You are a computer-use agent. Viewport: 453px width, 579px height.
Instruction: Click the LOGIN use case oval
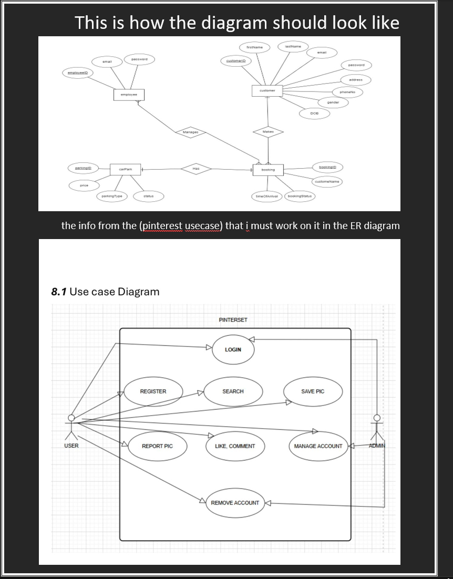[x=233, y=349]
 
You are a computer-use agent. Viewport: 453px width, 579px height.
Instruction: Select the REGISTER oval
[x=153, y=391]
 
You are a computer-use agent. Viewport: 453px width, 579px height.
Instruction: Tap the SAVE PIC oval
[x=313, y=391]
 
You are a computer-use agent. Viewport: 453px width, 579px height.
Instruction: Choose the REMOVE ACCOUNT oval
[x=235, y=503]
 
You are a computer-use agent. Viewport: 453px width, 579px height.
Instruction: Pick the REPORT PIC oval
[x=157, y=446]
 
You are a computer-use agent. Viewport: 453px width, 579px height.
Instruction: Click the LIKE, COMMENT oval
[x=235, y=446]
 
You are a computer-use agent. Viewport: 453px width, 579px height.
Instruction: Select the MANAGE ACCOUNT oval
[x=318, y=446]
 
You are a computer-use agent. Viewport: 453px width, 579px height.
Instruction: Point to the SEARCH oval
[x=233, y=391]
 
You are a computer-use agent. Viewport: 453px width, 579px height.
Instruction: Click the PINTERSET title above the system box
[x=233, y=319]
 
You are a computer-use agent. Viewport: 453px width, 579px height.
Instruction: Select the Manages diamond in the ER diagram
[x=190, y=132]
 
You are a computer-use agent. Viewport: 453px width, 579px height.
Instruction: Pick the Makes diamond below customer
[x=267, y=131]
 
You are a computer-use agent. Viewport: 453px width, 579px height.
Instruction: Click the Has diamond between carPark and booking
[x=195, y=168]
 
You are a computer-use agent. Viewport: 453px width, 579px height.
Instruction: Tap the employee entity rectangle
[x=129, y=95]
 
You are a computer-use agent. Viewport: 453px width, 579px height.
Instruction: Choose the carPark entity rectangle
[x=125, y=170]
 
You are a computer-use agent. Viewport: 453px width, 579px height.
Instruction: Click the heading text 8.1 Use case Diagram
[x=105, y=292]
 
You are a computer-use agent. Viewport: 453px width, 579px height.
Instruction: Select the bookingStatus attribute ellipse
[x=300, y=196]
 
